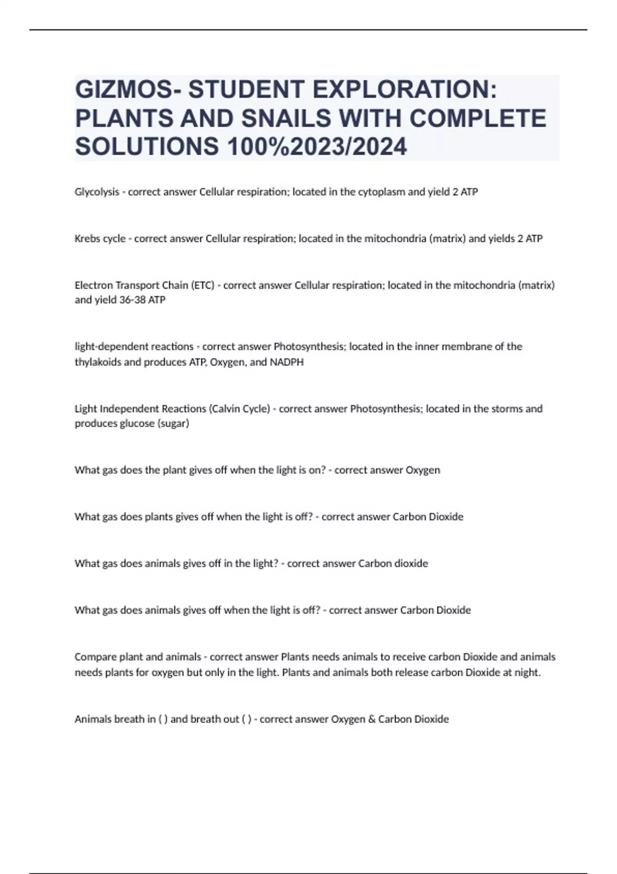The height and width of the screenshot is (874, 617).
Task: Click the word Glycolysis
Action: click(x=97, y=192)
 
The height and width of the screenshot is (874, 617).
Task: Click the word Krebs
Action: click(x=87, y=239)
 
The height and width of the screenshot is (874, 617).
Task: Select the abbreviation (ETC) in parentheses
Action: click(x=202, y=285)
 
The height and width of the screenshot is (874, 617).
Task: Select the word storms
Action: click(x=507, y=409)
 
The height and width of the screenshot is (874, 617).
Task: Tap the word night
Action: click(x=527, y=672)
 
